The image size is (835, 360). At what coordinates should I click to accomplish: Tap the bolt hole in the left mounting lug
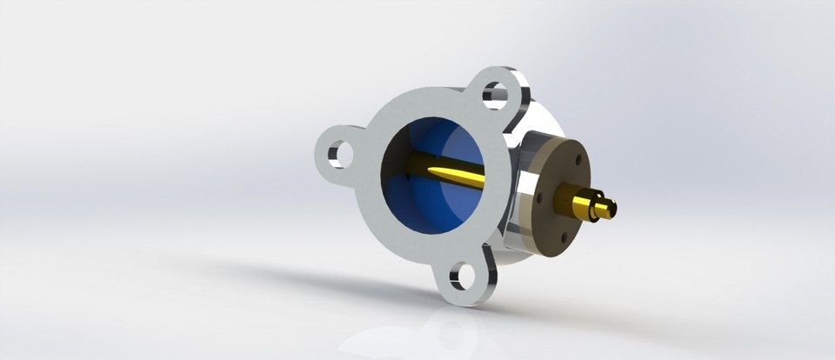(341, 154)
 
